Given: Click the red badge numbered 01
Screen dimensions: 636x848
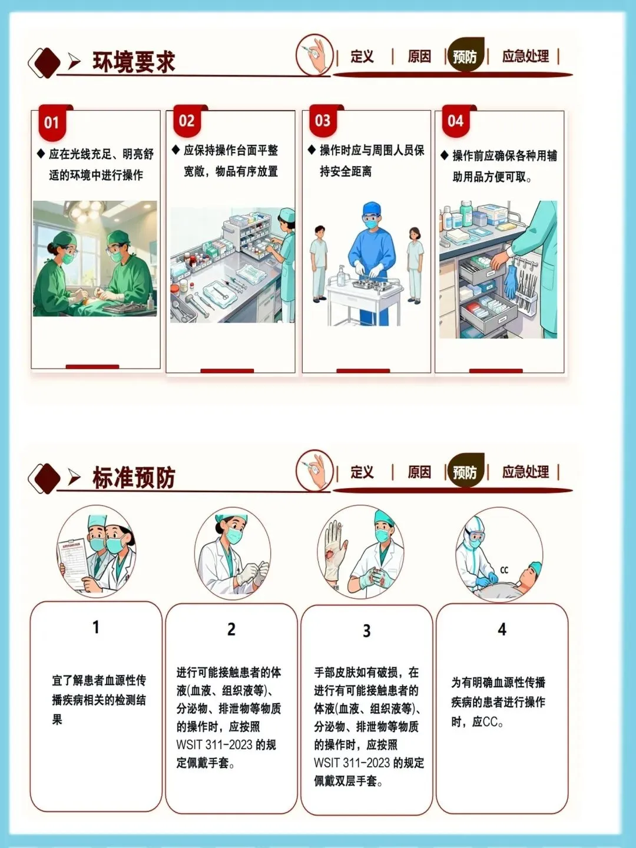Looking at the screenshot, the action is tap(52, 123).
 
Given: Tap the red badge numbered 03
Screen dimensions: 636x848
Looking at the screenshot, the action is tap(323, 121).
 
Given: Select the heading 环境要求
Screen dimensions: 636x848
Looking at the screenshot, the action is tap(134, 62).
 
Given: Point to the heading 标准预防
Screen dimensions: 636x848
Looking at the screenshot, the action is tap(134, 477).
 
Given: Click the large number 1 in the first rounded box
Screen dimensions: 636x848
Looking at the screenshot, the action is tap(96, 627).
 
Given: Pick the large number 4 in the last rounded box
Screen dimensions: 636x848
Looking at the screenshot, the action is tap(502, 630).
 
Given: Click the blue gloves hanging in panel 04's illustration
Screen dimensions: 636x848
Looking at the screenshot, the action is tap(511, 280).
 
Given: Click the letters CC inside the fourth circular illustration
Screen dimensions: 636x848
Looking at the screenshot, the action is tap(504, 570).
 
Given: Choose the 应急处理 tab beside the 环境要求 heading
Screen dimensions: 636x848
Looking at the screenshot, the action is tap(525, 57).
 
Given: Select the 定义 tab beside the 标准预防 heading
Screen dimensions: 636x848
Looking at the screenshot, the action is tap(362, 472).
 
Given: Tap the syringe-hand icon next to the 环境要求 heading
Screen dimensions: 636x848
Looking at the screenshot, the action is tap(314, 55).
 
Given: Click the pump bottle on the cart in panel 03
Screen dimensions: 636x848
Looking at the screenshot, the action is tap(341, 275).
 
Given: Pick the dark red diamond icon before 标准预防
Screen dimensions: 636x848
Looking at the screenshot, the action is tap(45, 478).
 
